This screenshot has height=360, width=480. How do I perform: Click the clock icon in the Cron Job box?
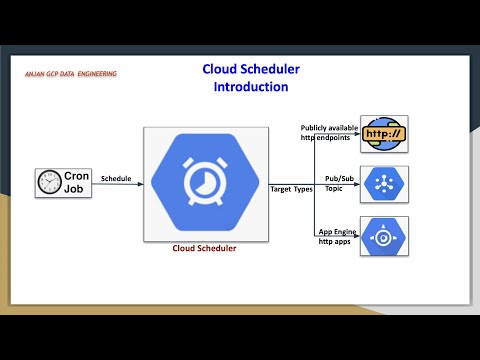click(x=47, y=183)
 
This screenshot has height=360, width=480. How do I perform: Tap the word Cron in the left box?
click(x=77, y=176)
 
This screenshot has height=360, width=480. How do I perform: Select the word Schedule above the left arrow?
click(x=116, y=178)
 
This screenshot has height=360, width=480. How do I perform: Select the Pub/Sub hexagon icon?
click(x=384, y=185)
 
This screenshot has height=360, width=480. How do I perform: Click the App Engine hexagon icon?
click(x=384, y=237)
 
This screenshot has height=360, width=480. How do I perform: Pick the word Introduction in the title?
click(x=250, y=87)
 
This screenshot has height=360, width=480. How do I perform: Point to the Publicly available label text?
click(x=329, y=128)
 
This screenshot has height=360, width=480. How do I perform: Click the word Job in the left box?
click(x=76, y=190)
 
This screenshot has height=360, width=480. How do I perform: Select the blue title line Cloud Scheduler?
click(x=250, y=69)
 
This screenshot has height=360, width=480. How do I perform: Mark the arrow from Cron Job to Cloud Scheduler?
click(x=118, y=185)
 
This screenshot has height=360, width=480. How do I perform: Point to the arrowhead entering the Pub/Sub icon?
click(x=356, y=185)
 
